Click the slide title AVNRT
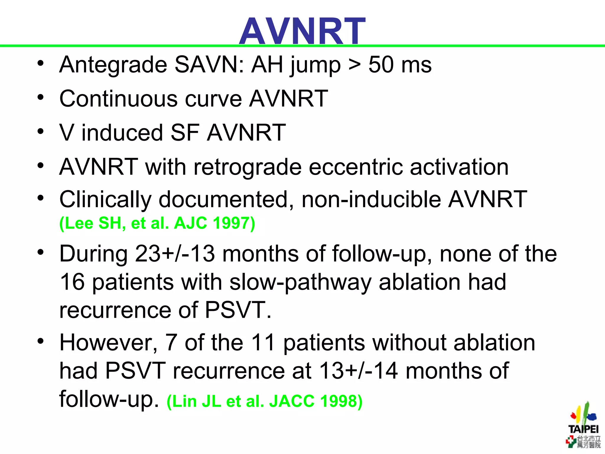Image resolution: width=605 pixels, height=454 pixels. coord(302,31)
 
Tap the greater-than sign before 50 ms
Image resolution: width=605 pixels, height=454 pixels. coord(354,65)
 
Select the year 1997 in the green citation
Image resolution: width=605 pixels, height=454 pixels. coord(233,223)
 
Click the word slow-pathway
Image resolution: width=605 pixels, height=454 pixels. coord(300,282)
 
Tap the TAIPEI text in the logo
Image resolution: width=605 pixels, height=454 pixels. coord(583,429)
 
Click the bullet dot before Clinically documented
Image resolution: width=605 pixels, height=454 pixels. coord(40,198)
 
